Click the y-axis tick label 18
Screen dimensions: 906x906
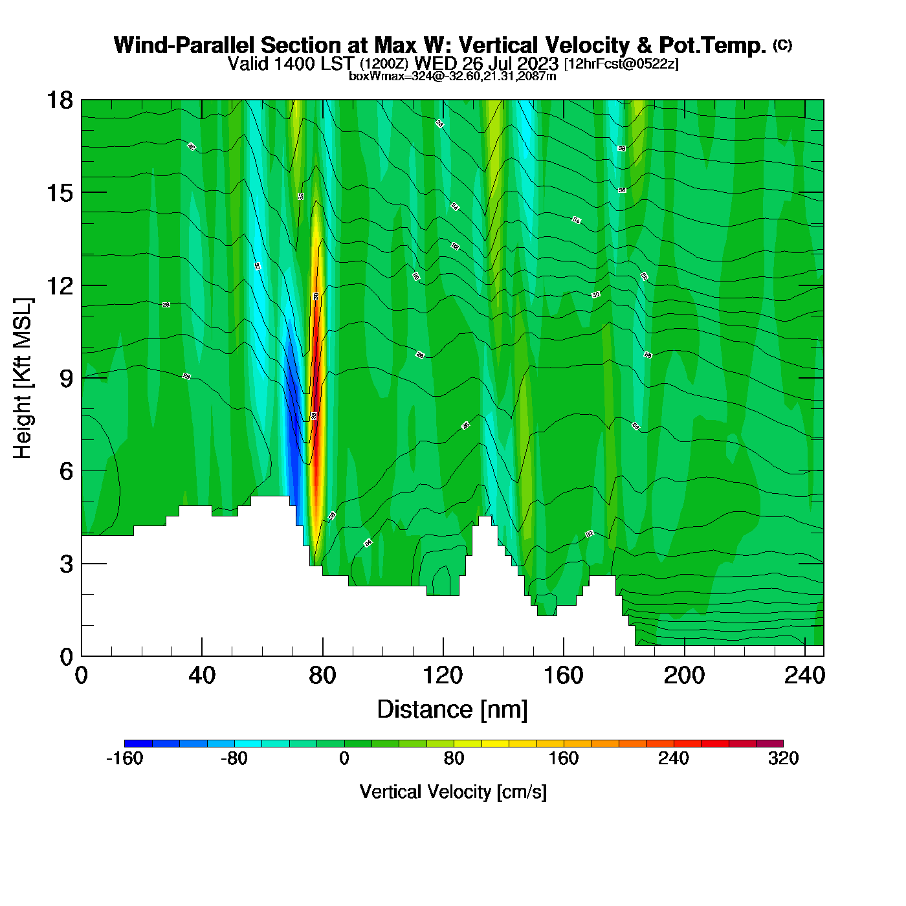click(59, 100)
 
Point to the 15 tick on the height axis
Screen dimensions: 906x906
click(59, 193)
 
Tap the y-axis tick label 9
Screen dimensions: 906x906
click(66, 379)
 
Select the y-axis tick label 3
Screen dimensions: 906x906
click(66, 564)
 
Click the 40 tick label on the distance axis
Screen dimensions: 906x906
click(202, 676)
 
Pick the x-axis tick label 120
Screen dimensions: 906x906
click(443, 676)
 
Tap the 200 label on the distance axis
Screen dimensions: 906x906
click(684, 676)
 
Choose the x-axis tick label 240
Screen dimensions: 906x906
click(804, 676)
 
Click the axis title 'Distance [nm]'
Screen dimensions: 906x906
click(452, 710)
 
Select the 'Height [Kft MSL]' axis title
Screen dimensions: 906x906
click(23, 379)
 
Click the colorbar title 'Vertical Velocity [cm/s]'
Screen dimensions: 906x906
click(453, 791)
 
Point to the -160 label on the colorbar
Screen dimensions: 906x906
click(124, 758)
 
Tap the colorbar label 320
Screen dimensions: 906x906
click(783, 758)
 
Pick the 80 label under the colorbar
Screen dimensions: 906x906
click(454, 758)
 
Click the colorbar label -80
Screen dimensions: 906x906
click(234, 758)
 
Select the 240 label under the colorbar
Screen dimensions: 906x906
click(674, 758)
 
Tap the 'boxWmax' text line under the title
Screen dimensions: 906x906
click(452, 76)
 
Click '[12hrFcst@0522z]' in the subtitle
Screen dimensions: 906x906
click(621, 64)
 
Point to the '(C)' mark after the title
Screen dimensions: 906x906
click(782, 45)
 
